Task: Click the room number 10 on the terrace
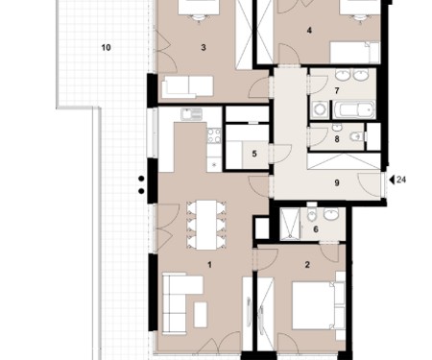(x=106, y=48)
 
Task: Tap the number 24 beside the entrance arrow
(x=401, y=180)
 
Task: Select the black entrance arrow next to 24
(x=392, y=180)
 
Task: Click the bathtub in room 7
(x=354, y=109)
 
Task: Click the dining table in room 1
(x=206, y=225)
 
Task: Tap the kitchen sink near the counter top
(x=191, y=114)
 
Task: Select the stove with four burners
(x=214, y=135)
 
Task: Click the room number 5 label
(x=254, y=154)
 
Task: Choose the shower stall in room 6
(x=290, y=224)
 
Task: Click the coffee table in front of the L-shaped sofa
(x=201, y=315)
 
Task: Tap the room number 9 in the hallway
(x=337, y=183)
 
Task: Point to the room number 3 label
(x=204, y=48)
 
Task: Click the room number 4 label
(x=309, y=31)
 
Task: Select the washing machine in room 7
(x=319, y=109)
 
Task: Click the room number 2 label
(x=307, y=265)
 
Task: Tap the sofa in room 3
(x=187, y=86)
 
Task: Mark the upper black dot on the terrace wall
(x=141, y=179)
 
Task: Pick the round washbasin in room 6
(x=331, y=214)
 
